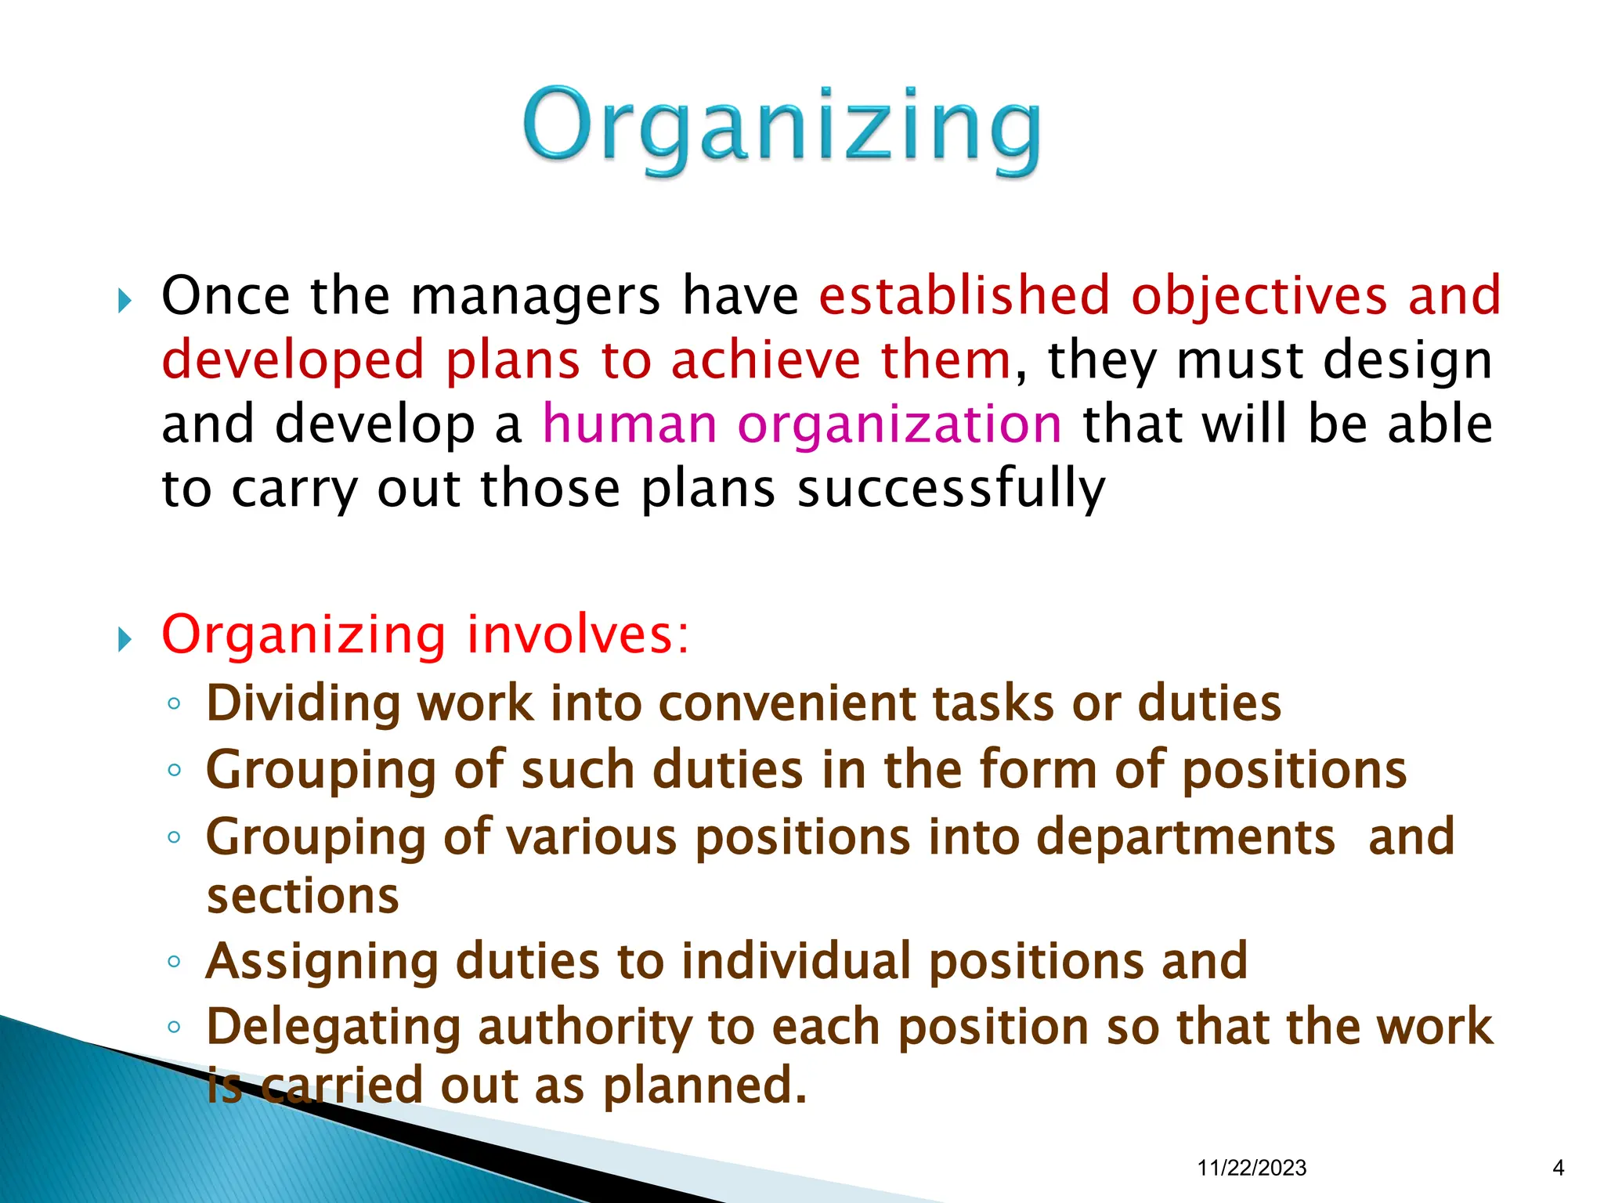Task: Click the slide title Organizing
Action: [782, 129]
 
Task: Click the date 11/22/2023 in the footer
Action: [1252, 1169]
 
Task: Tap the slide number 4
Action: [1558, 1169]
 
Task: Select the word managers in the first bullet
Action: [535, 296]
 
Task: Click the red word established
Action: [964, 296]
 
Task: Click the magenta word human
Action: [630, 424]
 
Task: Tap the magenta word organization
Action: [900, 426]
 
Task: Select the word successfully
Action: [951, 490]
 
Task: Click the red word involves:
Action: [578, 634]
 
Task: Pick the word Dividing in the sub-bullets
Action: [302, 703]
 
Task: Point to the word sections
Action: [302, 896]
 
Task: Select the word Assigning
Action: [321, 962]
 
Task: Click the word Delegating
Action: [333, 1028]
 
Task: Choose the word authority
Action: [584, 1028]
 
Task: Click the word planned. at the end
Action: [704, 1086]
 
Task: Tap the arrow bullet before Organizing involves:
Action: [125, 639]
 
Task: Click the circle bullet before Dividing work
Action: [174, 703]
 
